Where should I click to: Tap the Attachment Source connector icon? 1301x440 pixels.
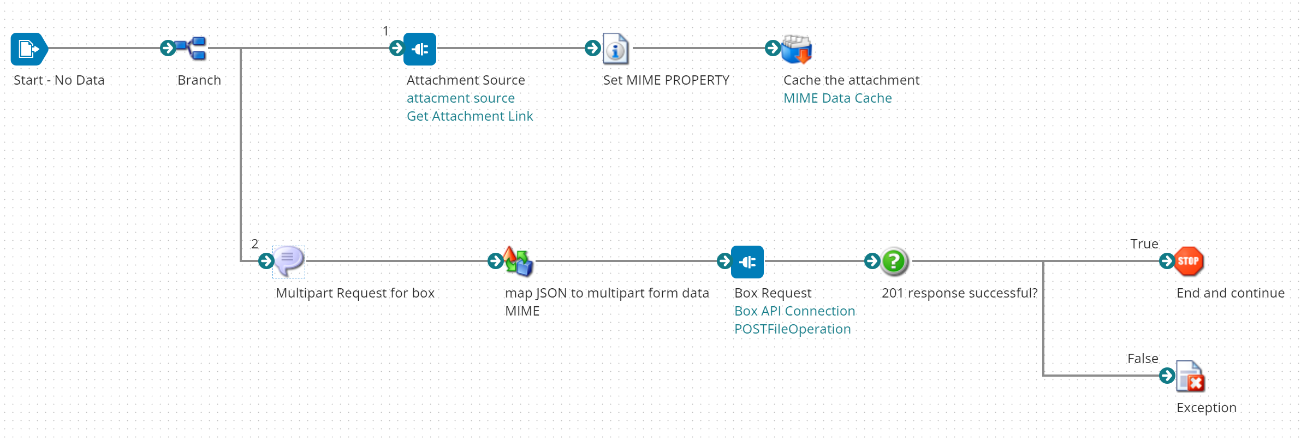[420, 49]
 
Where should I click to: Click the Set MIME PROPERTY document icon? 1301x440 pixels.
[616, 49]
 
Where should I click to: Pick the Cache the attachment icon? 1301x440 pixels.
[797, 49]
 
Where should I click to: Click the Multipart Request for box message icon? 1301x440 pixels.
[289, 261]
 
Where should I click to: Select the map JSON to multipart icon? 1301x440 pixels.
[518, 261]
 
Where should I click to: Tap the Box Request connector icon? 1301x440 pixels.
[747, 262]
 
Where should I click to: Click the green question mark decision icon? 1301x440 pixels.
[894, 261]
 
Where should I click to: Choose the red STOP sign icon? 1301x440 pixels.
[1189, 261]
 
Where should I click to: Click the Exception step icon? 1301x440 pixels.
[1190, 376]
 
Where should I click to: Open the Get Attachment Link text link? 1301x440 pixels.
[470, 116]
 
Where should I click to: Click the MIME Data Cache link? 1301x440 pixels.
[837, 98]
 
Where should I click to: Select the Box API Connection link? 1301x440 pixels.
[794, 311]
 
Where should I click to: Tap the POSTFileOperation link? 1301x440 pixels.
[792, 329]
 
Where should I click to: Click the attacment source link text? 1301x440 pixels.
[460, 98]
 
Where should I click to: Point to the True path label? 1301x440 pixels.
[1144, 244]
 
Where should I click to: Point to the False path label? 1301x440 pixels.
[1143, 359]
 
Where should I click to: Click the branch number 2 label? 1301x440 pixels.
[254, 244]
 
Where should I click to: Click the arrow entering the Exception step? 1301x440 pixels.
[1167, 376]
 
